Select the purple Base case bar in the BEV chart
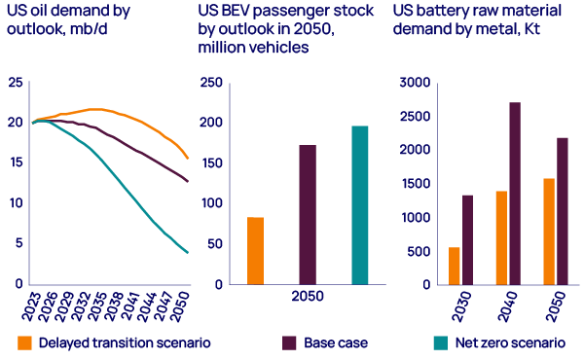tap(308, 215)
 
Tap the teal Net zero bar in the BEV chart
tap(359, 205)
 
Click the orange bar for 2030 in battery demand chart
tap(454, 266)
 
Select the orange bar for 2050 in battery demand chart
tap(548, 232)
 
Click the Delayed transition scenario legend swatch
tap(25, 342)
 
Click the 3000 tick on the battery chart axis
tap(411, 83)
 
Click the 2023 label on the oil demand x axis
tap(33, 310)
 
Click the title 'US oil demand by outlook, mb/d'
tap(57, 22)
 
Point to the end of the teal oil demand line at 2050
tap(187, 253)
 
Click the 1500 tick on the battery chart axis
tap(411, 183)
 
